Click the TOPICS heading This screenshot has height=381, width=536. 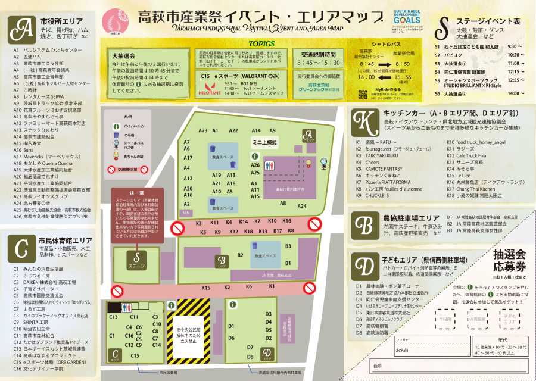click(x=261, y=44)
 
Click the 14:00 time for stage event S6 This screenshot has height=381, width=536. click(x=513, y=93)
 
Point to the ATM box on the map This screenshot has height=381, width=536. click(x=186, y=212)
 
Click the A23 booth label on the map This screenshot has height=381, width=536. click(x=202, y=130)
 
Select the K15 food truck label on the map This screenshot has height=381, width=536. click(x=206, y=288)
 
